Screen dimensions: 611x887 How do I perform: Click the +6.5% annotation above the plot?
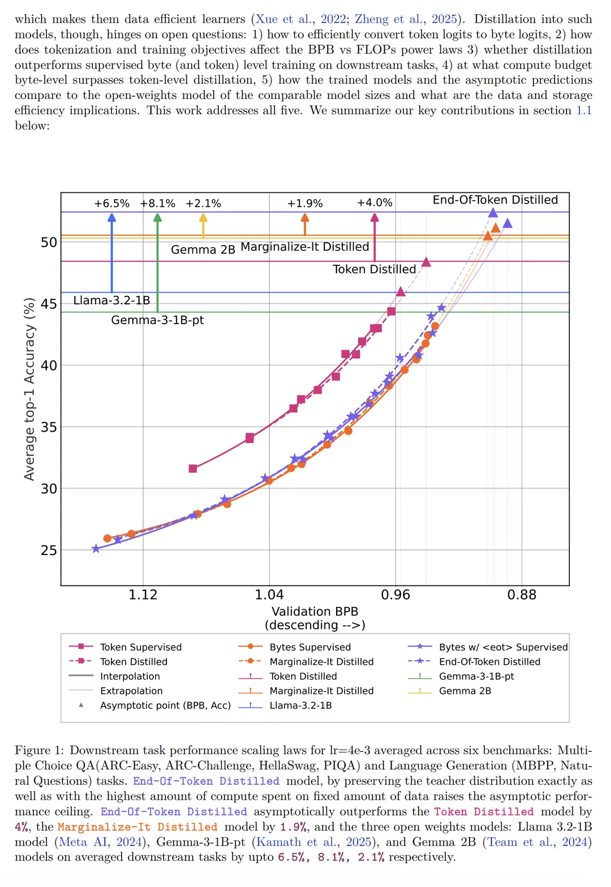pos(111,204)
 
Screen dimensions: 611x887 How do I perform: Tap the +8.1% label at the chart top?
pos(158,204)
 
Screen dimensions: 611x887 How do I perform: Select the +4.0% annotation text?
pos(375,203)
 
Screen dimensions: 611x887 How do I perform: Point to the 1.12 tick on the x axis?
pos(143,595)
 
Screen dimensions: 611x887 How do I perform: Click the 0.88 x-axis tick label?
pos(522,595)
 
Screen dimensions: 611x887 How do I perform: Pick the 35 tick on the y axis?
pos(49,427)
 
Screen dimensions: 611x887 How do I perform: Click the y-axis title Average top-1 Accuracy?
pos(29,389)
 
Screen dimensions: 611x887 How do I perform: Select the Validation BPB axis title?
pos(315,612)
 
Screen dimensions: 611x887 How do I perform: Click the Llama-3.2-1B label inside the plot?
pos(111,300)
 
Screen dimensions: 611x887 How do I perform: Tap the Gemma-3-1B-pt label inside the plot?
pos(157,320)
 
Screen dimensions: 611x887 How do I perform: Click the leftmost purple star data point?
pos(96,549)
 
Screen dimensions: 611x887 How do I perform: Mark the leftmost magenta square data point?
pos(193,469)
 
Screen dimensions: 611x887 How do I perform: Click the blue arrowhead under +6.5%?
pos(111,218)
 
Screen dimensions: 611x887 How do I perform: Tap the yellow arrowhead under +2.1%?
pos(203,218)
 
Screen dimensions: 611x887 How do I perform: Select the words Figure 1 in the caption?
pos(39,750)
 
